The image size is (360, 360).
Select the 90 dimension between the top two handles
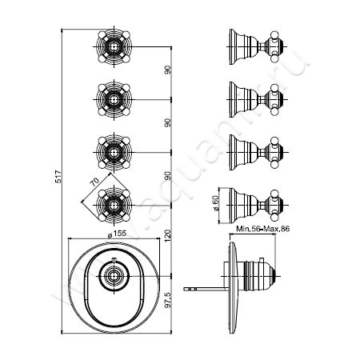(x=168, y=70)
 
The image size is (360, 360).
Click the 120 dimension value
(x=168, y=238)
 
